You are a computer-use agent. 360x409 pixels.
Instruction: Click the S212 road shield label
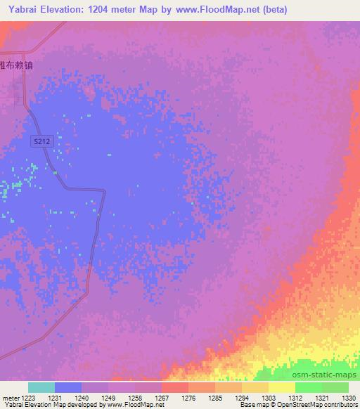click(x=43, y=141)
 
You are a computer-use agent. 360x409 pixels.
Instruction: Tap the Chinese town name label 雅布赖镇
click(x=16, y=64)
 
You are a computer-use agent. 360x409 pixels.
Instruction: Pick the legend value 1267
click(x=161, y=397)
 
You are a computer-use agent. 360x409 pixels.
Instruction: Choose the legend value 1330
click(x=348, y=397)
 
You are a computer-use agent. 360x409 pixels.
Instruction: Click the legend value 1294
click(x=241, y=397)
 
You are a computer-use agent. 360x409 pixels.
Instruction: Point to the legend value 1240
click(x=81, y=397)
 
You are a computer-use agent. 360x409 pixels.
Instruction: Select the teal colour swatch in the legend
click(x=41, y=387)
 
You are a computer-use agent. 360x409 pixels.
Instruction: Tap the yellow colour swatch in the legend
click(x=281, y=387)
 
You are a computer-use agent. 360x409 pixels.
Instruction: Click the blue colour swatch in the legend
click(x=67, y=387)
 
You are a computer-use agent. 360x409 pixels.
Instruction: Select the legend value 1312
click(x=295, y=397)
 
